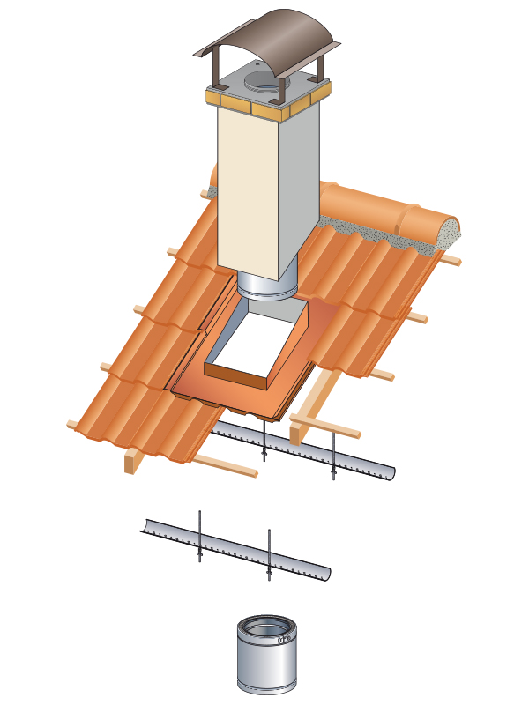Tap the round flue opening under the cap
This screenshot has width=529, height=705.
click(x=259, y=84)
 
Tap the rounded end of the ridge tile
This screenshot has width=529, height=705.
click(x=454, y=230)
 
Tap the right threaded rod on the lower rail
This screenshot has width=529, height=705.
click(x=269, y=555)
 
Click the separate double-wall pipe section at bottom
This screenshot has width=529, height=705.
click(x=264, y=661)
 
